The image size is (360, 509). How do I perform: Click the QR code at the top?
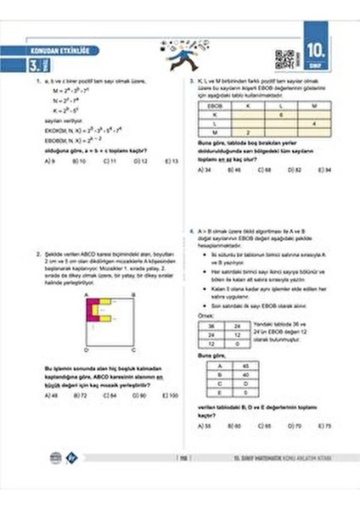tap(285, 59)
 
